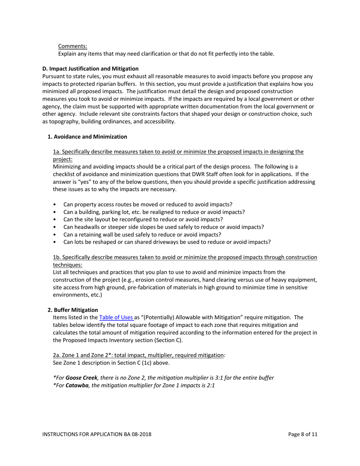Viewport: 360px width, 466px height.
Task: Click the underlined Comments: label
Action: pyautogui.click(x=72, y=46)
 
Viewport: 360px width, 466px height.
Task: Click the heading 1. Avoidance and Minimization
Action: pyautogui.click(x=87, y=137)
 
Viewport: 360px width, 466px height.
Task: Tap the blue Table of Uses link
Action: pyautogui.click(x=116, y=317)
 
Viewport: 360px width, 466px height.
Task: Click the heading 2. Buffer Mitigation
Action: pyautogui.click(x=73, y=310)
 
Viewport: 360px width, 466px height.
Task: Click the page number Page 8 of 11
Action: pyautogui.click(x=302, y=435)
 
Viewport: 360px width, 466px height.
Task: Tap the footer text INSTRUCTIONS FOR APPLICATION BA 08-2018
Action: pyautogui.click(x=97, y=435)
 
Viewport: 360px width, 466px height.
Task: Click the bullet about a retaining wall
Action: pyautogui.click(x=142, y=235)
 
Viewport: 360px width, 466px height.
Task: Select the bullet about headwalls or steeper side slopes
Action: pyautogui.click(x=163, y=227)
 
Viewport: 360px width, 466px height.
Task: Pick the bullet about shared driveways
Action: pyautogui.click(x=167, y=242)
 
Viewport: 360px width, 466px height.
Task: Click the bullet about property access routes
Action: pyautogui.click(x=148, y=205)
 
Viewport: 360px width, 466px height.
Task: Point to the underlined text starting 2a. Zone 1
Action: pyautogui.click(x=138, y=355)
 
